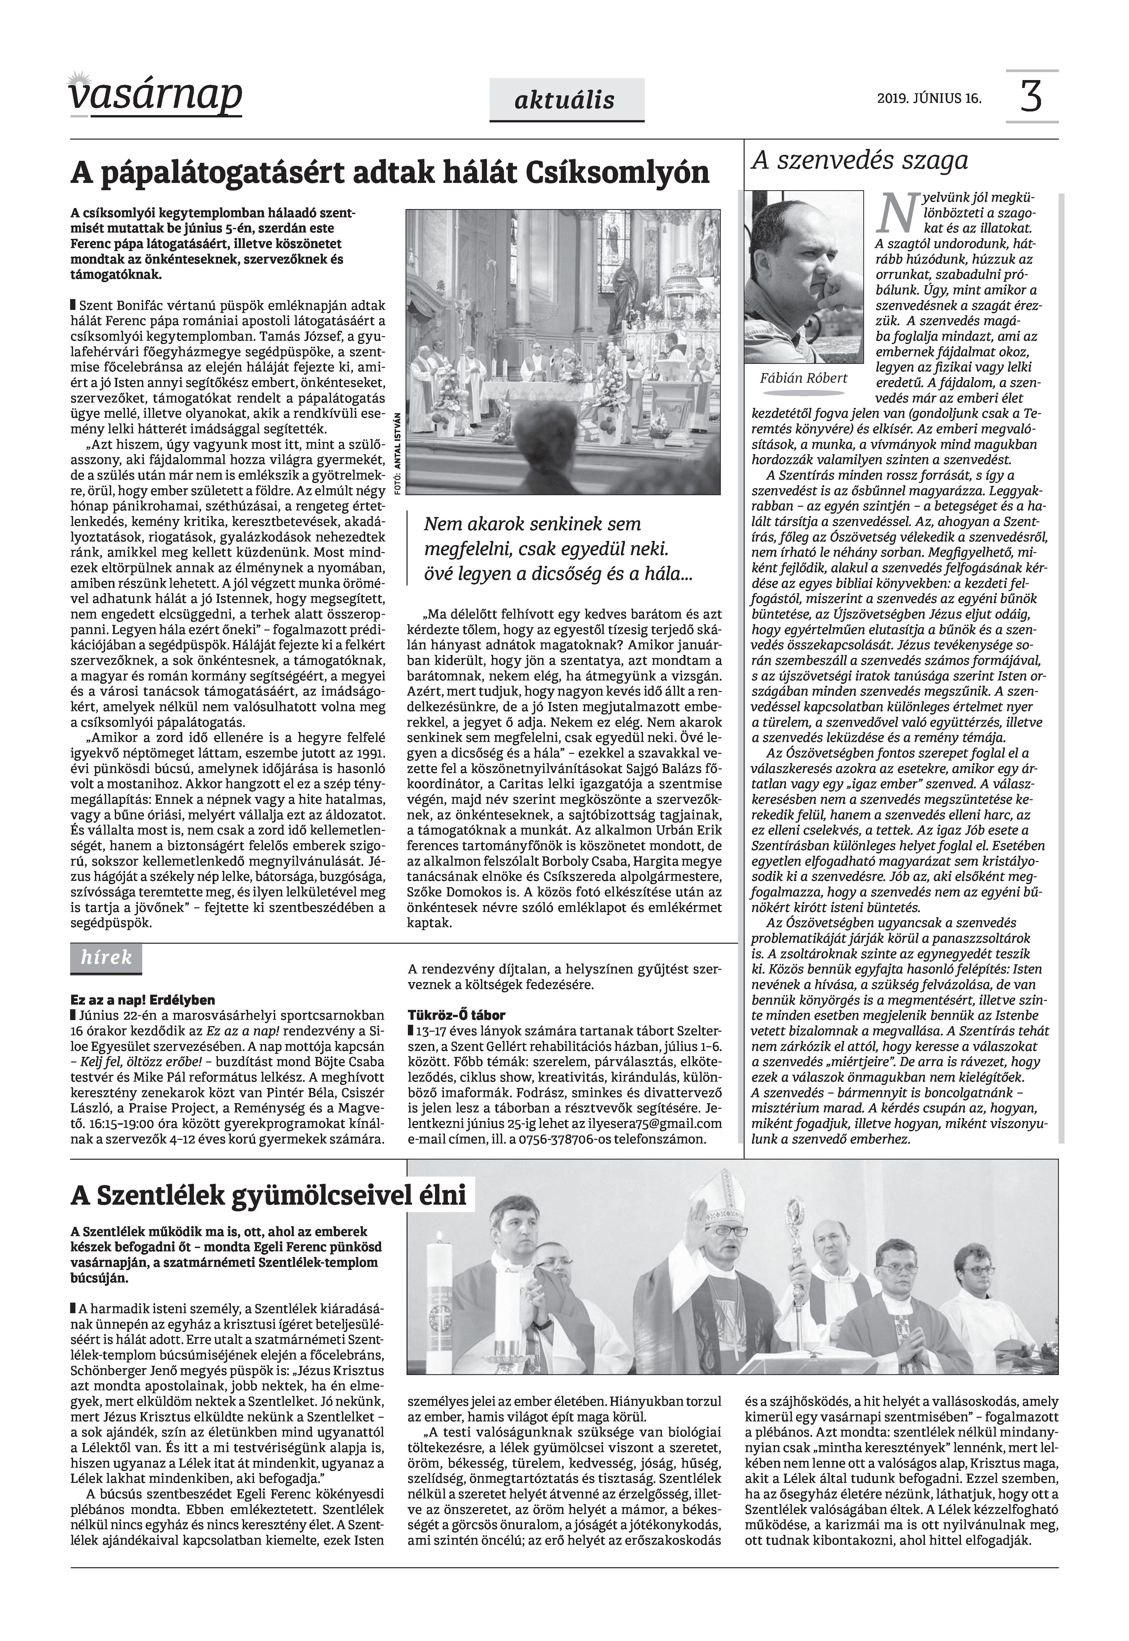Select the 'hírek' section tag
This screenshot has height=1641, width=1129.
tap(106, 958)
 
